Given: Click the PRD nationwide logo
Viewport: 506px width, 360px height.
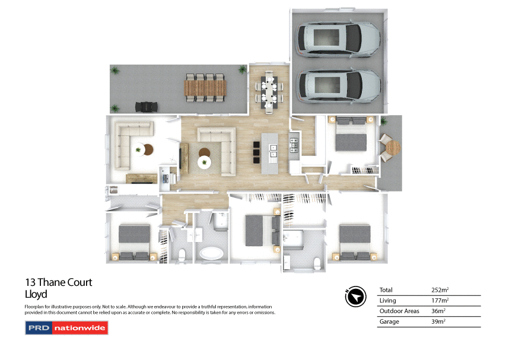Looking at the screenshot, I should [x=66, y=327].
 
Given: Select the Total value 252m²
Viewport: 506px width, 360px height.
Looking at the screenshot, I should [x=440, y=290].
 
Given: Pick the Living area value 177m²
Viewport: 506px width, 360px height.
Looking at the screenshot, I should [x=440, y=301].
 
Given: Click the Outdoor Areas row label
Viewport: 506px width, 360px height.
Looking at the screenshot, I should [x=399, y=311].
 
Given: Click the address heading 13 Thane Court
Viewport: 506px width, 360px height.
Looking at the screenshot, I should [x=59, y=282].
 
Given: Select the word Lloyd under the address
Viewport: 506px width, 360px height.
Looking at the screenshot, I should [x=36, y=294].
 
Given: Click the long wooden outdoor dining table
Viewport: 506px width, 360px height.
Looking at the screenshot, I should [x=206, y=88].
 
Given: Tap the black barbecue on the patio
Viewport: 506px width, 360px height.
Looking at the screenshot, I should [x=146, y=106].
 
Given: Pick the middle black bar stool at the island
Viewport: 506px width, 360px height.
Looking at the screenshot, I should [x=256, y=152].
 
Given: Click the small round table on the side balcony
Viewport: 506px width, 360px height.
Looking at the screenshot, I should [x=393, y=146].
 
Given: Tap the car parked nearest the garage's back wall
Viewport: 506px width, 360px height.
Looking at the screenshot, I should [x=338, y=39].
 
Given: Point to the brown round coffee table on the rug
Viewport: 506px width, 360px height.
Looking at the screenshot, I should [x=204, y=152].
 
